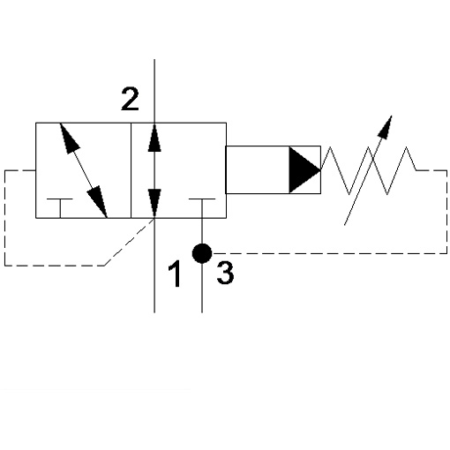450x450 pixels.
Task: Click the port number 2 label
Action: click(x=130, y=99)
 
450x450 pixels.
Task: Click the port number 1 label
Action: click(x=175, y=274)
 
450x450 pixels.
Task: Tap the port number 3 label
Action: click(x=225, y=273)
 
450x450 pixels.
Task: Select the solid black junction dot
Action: click(x=202, y=253)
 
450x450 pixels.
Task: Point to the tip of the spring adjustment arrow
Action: click(x=392, y=116)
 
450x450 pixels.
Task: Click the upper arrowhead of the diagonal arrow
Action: click(x=69, y=139)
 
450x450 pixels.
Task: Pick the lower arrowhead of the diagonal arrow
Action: click(x=98, y=201)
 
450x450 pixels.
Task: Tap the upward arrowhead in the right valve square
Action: click(x=154, y=138)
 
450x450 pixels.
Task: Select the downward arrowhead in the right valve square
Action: click(x=154, y=204)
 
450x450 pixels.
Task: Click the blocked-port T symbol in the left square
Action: click(x=60, y=208)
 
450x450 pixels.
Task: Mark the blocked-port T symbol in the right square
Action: click(x=202, y=208)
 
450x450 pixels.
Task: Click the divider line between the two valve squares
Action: click(x=131, y=170)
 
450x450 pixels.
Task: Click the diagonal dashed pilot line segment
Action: click(x=130, y=242)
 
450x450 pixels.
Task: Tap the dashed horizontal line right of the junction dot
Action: click(x=329, y=253)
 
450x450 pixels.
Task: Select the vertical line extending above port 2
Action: click(x=154, y=91)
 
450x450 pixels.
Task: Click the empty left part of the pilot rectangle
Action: click(x=258, y=169)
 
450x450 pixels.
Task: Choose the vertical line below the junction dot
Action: click(x=202, y=288)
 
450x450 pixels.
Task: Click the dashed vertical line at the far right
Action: click(x=446, y=212)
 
